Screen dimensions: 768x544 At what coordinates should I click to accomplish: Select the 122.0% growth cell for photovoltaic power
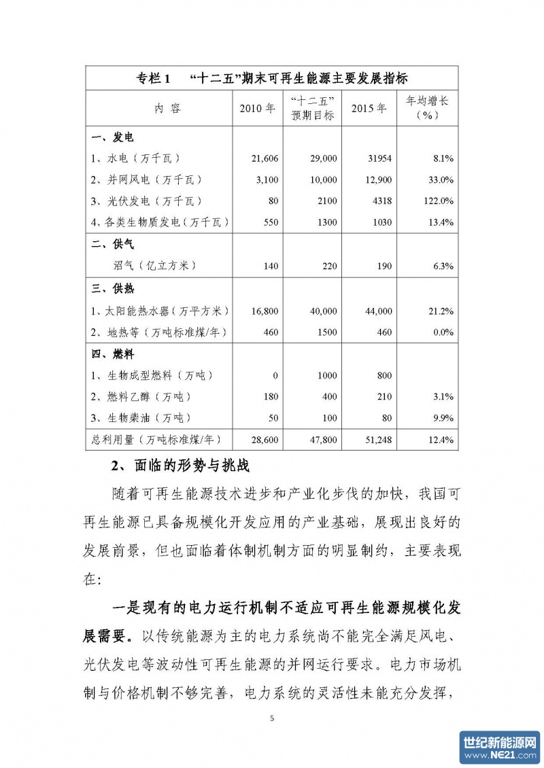coord(438,201)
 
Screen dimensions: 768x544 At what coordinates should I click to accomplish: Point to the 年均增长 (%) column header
coord(427,107)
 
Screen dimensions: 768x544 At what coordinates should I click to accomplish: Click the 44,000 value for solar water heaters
coord(376,311)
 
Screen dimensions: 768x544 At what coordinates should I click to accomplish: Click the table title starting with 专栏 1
coord(271,77)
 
